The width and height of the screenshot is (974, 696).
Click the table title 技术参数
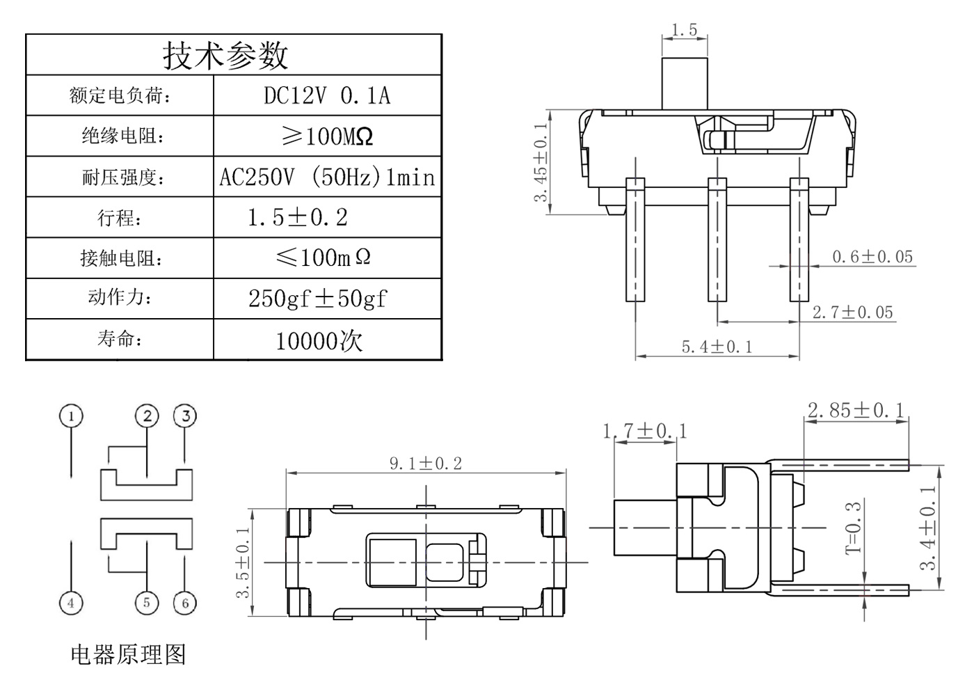tap(225, 55)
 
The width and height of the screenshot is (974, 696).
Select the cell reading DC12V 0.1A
tap(327, 95)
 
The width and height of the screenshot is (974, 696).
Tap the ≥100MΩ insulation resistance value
tap(327, 136)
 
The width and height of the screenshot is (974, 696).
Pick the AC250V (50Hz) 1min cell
tap(327, 177)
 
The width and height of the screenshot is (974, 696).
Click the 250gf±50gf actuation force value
tap(318, 299)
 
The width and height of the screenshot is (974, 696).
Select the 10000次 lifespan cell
tap(319, 340)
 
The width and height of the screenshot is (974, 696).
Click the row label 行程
tap(120, 218)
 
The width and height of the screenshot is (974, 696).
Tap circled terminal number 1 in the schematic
tap(71, 416)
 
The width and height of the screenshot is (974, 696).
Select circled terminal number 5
tap(146, 602)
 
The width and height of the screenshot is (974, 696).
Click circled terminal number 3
tap(185, 416)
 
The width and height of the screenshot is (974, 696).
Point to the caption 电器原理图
tap(129, 654)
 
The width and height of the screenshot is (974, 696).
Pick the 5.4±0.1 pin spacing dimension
tap(717, 347)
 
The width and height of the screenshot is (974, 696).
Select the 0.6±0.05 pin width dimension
tap(872, 257)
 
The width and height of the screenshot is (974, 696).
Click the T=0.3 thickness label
tap(854, 527)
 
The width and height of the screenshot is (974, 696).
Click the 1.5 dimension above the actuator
tap(684, 30)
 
